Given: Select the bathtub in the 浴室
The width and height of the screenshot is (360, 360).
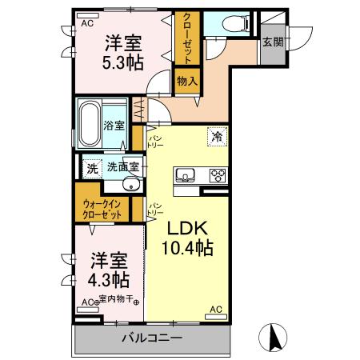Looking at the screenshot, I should [x=90, y=123].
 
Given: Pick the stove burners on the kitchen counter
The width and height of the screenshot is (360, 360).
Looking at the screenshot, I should [x=217, y=174].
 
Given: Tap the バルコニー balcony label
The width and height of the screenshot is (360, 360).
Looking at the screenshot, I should [x=151, y=338].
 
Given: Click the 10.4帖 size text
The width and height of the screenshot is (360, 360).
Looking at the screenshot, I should [x=188, y=249].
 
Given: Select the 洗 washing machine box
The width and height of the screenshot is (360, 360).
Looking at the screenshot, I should [x=92, y=168].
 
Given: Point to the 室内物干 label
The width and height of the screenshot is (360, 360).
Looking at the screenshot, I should [x=115, y=302].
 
